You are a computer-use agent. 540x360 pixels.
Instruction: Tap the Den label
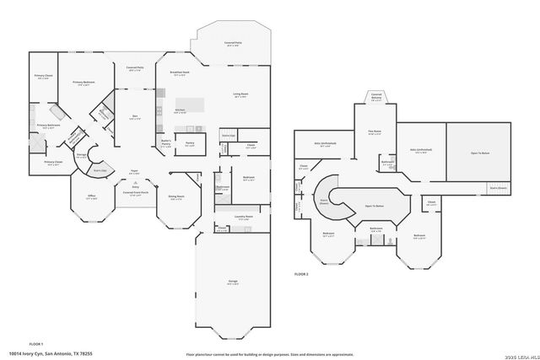coord(135,117)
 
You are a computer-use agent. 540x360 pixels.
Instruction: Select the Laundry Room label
coord(245,217)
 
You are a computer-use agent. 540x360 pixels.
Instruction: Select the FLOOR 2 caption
coord(301,275)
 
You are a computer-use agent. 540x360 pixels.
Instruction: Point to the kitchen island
coord(192,105)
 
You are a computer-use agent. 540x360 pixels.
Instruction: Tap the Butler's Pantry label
coord(166,143)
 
